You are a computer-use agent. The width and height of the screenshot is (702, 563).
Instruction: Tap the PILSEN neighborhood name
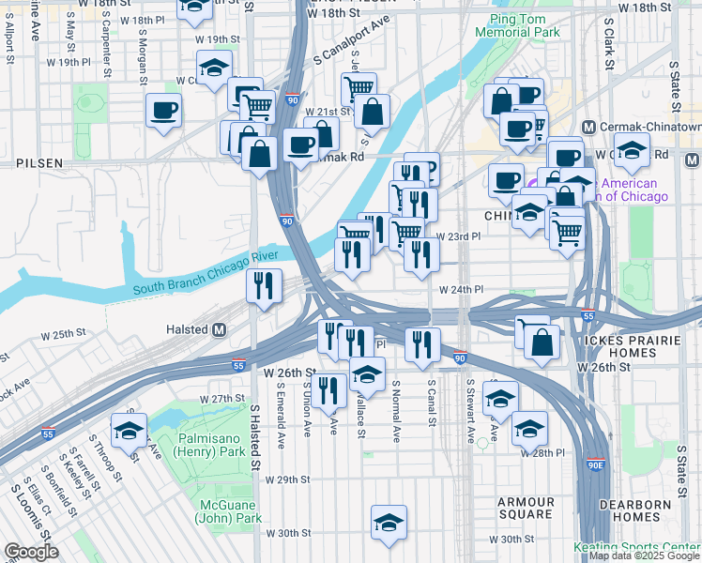[39, 162]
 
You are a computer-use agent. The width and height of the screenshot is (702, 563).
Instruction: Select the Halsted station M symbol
[220, 330]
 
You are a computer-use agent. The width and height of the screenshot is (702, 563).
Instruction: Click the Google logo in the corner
[31, 552]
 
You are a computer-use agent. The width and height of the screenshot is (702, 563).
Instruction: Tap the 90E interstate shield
[596, 464]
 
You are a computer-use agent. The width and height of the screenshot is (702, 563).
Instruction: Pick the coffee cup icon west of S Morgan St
[163, 110]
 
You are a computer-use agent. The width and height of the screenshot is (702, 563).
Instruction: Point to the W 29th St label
[287, 479]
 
